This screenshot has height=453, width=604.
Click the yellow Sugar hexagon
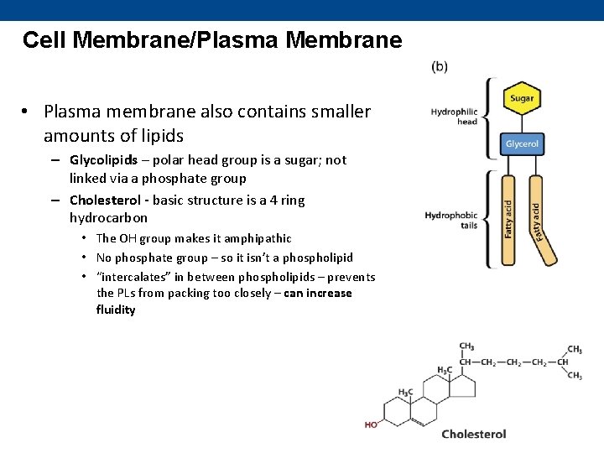(x=522, y=99)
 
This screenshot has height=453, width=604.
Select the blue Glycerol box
(x=522, y=143)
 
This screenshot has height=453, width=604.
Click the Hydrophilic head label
(x=454, y=117)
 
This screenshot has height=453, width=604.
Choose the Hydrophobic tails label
(x=451, y=221)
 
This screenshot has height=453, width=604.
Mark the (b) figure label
(x=440, y=66)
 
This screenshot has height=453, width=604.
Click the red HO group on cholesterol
(x=371, y=424)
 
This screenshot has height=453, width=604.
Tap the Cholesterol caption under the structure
(x=474, y=434)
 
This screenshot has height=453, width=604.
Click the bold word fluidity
(x=116, y=310)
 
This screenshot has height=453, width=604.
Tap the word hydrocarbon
(x=108, y=218)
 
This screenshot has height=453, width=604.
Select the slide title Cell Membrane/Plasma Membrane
(x=212, y=40)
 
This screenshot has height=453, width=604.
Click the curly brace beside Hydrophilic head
(x=489, y=117)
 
